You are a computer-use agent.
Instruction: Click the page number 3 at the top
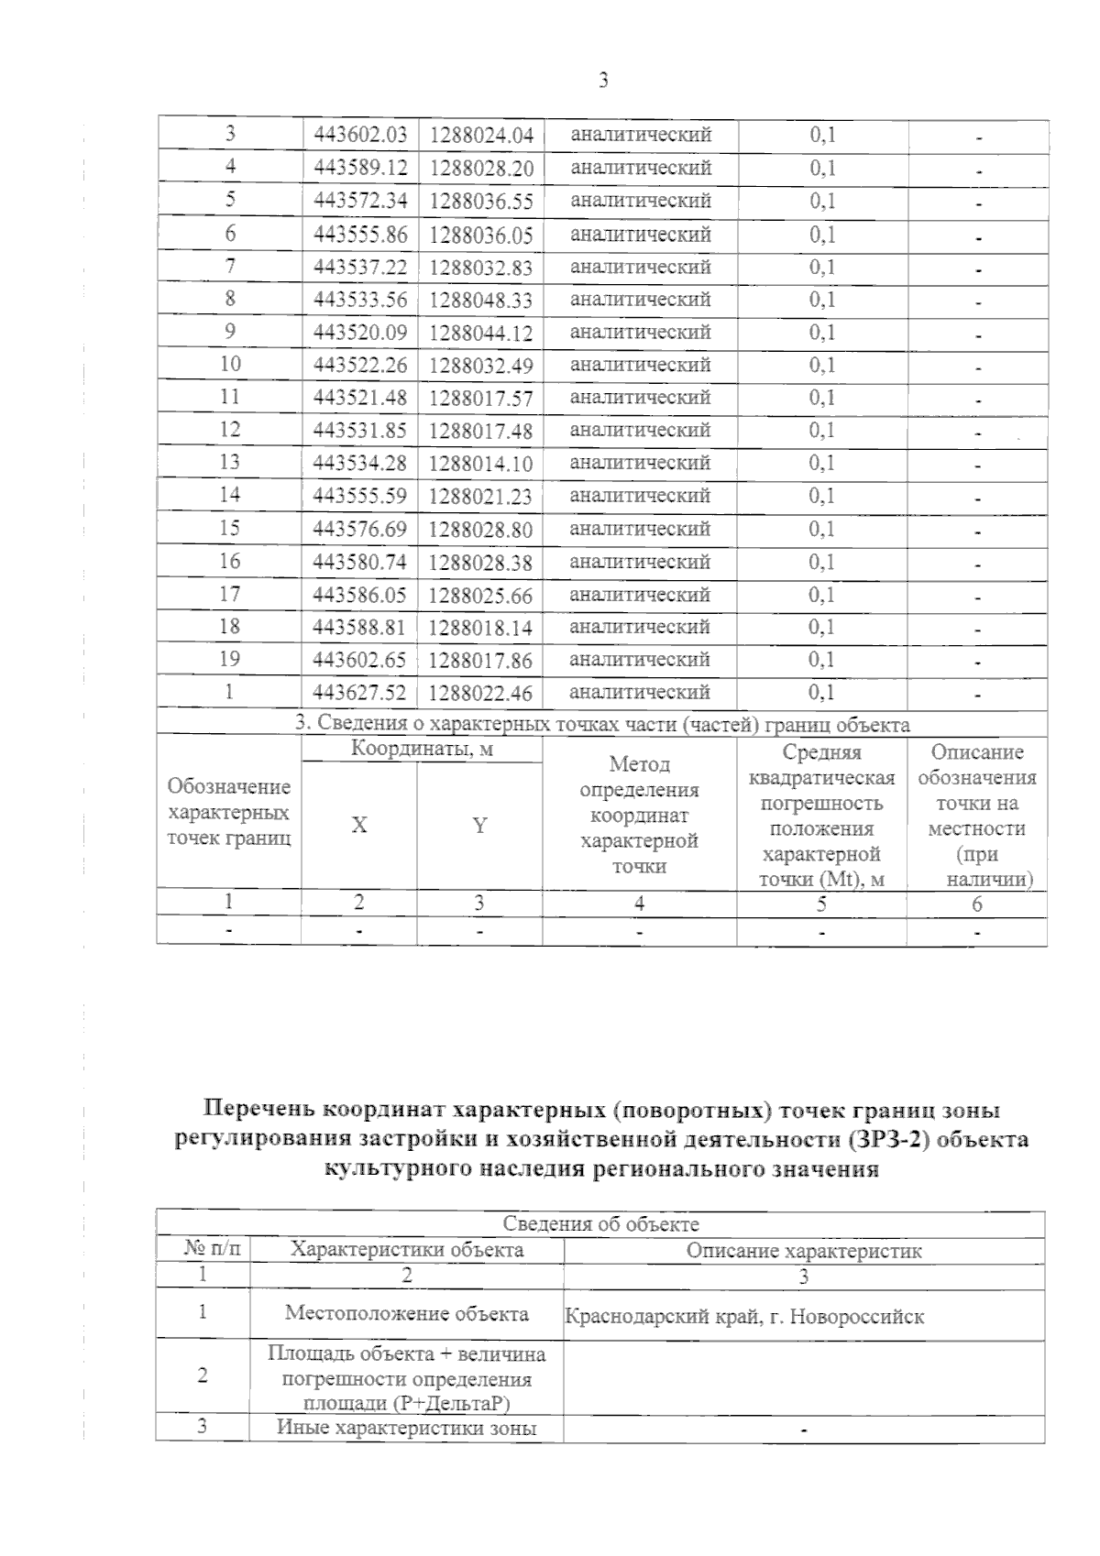coord(603,81)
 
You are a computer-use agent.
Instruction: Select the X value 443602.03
coord(360,135)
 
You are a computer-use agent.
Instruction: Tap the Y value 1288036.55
coord(480,201)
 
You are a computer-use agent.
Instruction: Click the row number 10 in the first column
coord(230,364)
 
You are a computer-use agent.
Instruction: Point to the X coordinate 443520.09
coord(360,332)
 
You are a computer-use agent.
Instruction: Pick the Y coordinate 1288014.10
coord(480,464)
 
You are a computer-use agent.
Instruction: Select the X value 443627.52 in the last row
coord(360,693)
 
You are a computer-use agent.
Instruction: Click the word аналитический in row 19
coord(641,660)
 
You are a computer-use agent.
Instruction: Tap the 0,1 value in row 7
coord(822,267)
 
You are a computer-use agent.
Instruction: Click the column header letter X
coord(359,826)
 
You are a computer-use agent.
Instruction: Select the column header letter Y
coord(479,826)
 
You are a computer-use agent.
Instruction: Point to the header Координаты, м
coord(422,750)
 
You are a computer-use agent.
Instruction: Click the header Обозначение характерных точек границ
coord(229,812)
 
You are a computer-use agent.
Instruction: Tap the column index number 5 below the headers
coord(821,904)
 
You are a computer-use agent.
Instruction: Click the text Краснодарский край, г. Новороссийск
coord(744,1318)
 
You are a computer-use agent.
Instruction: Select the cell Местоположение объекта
coord(407,1313)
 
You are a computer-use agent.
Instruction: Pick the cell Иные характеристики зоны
coord(407,1428)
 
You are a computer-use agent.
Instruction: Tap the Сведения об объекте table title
coord(600,1224)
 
